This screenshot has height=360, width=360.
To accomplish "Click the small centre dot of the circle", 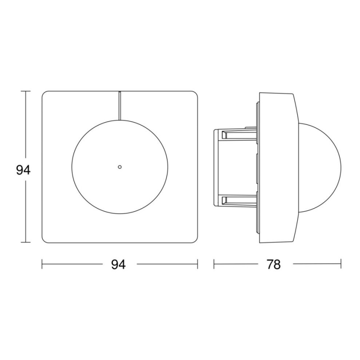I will tap(119, 167).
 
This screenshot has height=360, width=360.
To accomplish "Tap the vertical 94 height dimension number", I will tap(23, 170).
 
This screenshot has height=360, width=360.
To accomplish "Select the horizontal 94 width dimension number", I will tap(119, 265).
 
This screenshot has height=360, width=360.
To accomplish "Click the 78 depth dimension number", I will tap(273, 265).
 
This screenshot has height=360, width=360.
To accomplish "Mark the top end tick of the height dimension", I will tap(26, 91).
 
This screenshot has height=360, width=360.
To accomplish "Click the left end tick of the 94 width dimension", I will tap(42, 264).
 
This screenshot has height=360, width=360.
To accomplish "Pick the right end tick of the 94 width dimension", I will tap(197, 264).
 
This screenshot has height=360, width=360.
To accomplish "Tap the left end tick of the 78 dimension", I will tap(214, 264).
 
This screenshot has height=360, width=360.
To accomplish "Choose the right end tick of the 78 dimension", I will tap(341, 264).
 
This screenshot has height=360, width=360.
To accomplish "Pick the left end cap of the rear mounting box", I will tap(215, 168).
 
